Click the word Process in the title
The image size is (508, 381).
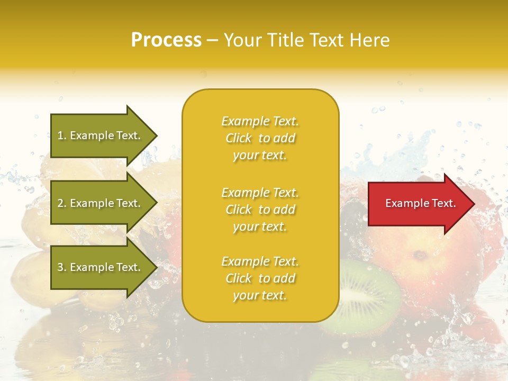coord(166,40)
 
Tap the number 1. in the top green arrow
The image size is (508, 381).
coord(62,135)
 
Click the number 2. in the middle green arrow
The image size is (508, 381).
coord(62,203)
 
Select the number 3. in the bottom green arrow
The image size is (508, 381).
coord(62,267)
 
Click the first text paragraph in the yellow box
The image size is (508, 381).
coord(260,138)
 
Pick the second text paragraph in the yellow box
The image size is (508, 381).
coord(260,210)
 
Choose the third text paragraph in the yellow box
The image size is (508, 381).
coord(260,278)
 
